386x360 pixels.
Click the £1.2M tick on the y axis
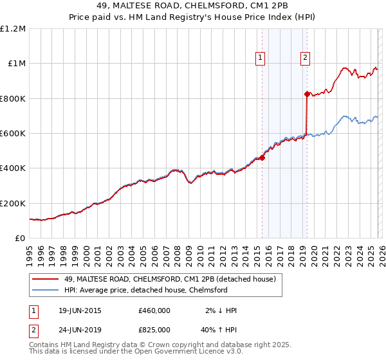pyautogui.click(x=14, y=29)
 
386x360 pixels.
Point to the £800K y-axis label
pyautogui.click(x=14, y=98)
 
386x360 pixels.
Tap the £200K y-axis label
pyautogui.click(x=14, y=203)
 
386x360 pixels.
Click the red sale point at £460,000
pyautogui.click(x=262, y=158)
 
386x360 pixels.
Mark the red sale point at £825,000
pyautogui.click(x=308, y=94)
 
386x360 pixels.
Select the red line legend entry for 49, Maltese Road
pyautogui.click(x=170, y=279)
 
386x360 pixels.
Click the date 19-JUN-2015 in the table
pyautogui.click(x=80, y=310)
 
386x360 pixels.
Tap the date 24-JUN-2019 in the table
pyautogui.click(x=80, y=331)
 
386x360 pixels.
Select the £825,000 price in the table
pyautogui.click(x=154, y=331)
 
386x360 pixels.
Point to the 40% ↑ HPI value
pyautogui.click(x=219, y=331)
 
